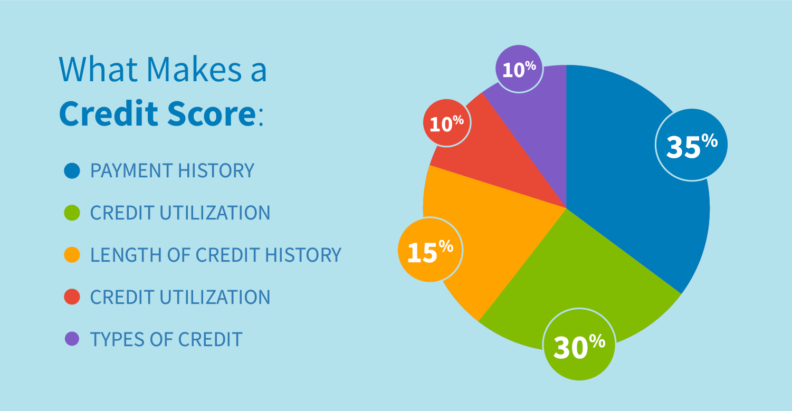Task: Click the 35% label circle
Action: pos(691,145)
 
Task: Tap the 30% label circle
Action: pos(579,344)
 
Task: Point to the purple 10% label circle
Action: pos(519,69)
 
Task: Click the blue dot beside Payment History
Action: pos(72,170)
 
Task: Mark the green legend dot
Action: pos(72,213)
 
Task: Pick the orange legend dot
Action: pos(72,255)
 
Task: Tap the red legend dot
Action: pos(72,297)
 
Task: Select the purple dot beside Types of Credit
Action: pos(72,339)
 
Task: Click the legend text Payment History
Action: pos(172,170)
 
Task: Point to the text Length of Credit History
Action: pos(215,255)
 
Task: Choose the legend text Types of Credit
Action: pos(166,339)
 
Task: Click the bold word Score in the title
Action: pos(211,114)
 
